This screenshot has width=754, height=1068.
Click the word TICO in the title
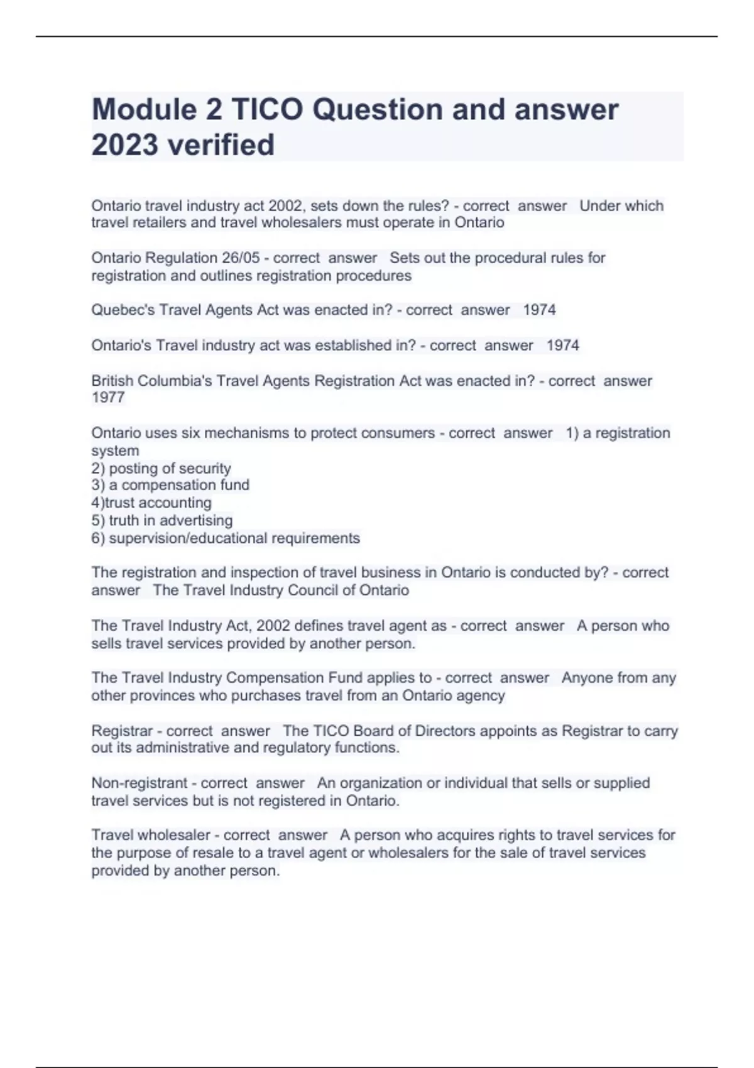267,109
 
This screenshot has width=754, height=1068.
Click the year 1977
108,398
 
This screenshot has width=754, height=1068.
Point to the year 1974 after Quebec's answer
539,310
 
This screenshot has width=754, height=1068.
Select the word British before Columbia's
112,381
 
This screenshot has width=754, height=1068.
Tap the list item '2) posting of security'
161,468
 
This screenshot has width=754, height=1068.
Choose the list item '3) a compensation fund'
170,485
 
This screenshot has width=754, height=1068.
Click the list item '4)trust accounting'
151,503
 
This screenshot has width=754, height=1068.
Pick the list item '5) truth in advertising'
162,520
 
